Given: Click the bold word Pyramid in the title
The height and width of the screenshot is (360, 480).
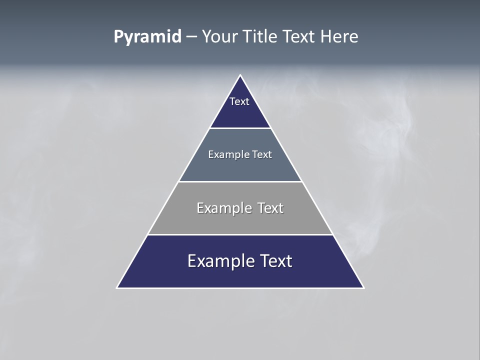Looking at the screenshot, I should pos(147,37).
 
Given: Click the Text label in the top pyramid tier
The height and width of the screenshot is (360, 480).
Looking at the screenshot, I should pos(239,101).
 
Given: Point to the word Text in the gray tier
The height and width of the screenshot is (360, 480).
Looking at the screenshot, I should pos(270,208).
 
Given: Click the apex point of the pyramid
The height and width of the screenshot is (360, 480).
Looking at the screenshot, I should pos(240,75).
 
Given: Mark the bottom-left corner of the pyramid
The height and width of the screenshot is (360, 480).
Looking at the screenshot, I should pos(117,287).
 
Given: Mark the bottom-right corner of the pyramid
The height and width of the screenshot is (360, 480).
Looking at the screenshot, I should pos(363,287).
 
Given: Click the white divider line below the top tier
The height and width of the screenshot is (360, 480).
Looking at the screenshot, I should pos(240,128).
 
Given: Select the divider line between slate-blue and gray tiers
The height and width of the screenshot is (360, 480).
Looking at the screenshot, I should pos(240,181).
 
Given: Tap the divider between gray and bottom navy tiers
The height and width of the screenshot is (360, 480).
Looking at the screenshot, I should pos(240,234).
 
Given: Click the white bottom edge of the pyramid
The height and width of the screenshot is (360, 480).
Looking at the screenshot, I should pos(240,288).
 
